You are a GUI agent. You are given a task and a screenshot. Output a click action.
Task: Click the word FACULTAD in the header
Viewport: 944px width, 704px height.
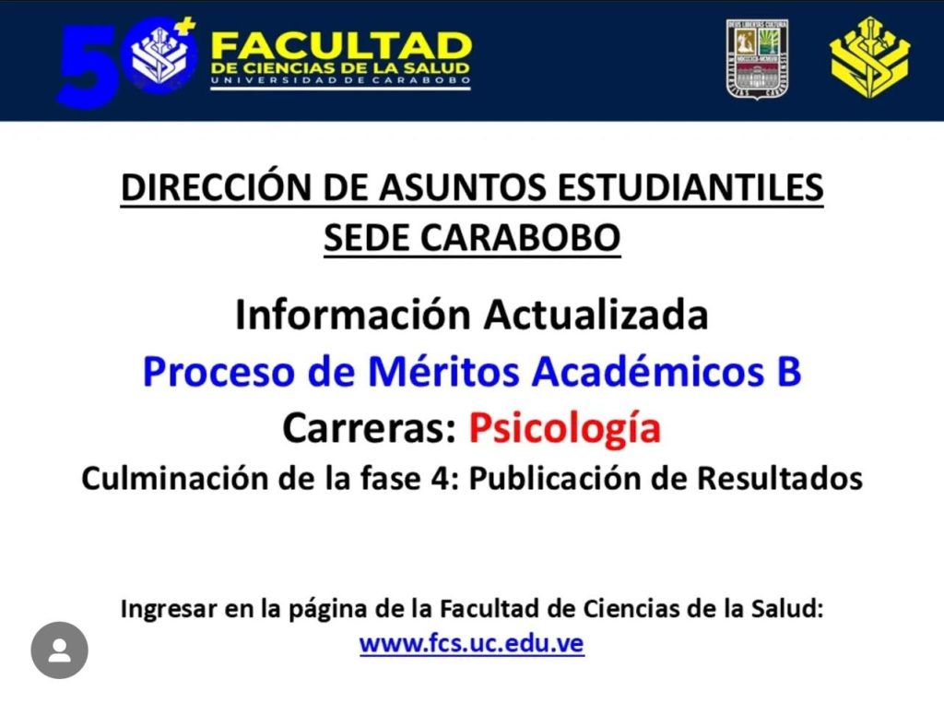tap(341, 45)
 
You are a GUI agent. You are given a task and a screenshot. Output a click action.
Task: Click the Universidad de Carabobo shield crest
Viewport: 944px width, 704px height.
tap(758, 59)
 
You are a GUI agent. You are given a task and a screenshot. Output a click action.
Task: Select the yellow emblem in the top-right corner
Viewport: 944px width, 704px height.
tap(869, 58)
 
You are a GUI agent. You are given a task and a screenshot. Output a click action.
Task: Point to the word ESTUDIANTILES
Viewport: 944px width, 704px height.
tap(690, 187)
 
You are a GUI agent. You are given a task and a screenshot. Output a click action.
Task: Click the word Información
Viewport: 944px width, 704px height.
tap(352, 315)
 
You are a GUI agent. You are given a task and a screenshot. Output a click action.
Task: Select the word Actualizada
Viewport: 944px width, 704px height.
tap(596, 315)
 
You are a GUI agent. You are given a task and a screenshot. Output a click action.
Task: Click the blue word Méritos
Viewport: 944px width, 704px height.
tap(443, 371)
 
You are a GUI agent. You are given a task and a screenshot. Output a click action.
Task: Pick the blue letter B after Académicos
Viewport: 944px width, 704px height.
tap(789, 371)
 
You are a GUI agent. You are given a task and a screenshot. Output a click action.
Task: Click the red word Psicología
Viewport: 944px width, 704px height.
tap(565, 428)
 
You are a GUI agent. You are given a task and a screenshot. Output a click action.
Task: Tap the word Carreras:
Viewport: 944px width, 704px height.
tap(369, 428)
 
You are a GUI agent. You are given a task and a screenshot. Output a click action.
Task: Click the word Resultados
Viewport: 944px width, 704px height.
tap(780, 479)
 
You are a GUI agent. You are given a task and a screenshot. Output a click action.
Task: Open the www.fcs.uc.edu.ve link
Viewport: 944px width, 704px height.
tap(472, 643)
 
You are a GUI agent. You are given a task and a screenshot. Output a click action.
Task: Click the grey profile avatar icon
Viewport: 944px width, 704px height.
tap(60, 650)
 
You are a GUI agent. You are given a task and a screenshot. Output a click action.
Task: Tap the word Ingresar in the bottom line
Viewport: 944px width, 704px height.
tap(169, 609)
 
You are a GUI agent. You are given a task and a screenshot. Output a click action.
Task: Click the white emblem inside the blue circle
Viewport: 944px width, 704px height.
tap(159, 55)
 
